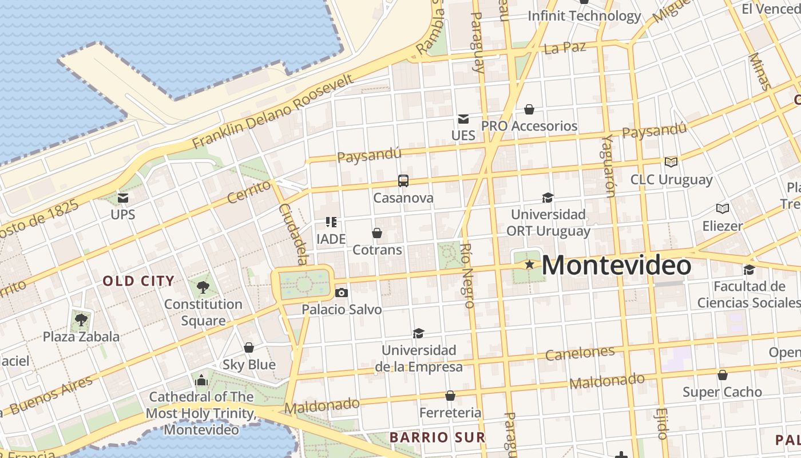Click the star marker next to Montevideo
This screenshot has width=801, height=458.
530,264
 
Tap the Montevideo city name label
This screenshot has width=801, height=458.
616,266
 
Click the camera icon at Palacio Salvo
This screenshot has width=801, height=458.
342,293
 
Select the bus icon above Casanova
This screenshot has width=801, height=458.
403,181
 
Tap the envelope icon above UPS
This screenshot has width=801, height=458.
123,198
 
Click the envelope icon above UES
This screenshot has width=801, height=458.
463,119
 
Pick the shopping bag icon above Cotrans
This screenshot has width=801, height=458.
377,233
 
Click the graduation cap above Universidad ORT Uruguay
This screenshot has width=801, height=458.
548,198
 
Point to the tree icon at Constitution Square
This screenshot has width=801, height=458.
203,287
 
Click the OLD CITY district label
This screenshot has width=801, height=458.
138,281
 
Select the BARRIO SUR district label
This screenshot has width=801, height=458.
438,437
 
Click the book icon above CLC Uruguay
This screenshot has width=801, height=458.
671,163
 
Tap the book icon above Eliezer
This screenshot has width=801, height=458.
723,209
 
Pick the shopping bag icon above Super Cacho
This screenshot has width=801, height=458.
723,375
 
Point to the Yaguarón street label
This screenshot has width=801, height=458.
608,166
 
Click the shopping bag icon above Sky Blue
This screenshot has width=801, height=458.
249,348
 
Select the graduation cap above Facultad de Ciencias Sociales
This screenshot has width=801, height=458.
749,270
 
